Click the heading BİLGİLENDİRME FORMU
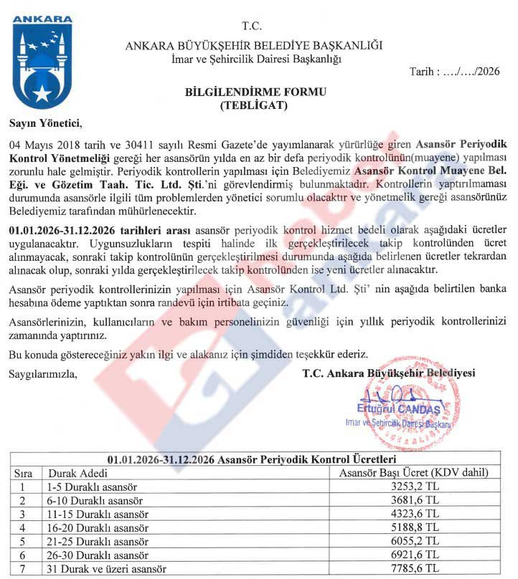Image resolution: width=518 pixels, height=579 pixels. click(x=255, y=92)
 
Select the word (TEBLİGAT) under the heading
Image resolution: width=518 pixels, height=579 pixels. click(x=255, y=105)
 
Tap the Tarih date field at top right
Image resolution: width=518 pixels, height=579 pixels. click(x=453, y=71)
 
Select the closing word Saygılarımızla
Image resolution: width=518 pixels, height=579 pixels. click(x=42, y=373)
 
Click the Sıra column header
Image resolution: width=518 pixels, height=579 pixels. click(x=24, y=474)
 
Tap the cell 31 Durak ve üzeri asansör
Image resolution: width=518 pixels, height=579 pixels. click(x=107, y=568)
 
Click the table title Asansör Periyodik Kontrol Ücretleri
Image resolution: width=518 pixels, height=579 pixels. click(x=256, y=459)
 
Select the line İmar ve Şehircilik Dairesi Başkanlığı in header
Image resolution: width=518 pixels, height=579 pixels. click(x=256, y=58)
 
